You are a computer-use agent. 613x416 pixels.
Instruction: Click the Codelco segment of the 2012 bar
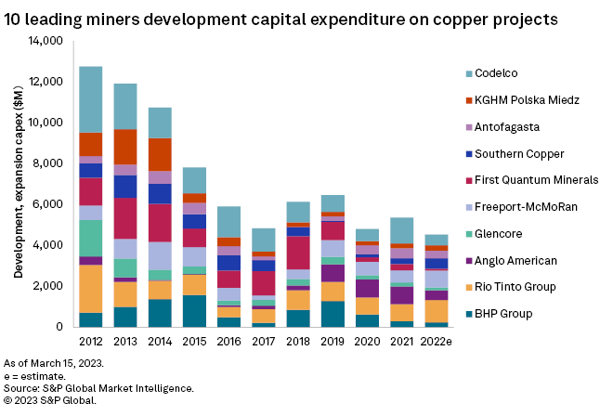[x=90, y=99]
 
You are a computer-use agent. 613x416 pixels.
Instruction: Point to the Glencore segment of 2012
[x=90, y=238]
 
